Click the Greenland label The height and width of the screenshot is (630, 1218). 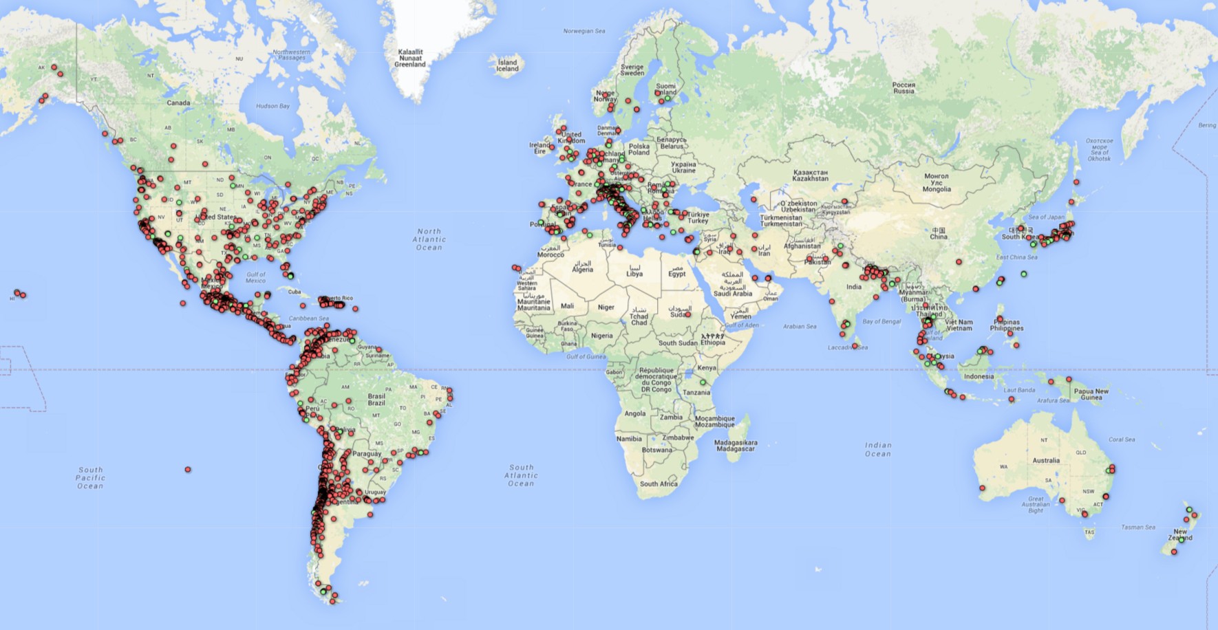410,58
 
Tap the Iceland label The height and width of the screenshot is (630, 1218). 508,65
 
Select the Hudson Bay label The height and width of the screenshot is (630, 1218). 273,106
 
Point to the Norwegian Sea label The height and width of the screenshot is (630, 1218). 584,31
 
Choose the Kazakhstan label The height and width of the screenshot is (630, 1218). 810,175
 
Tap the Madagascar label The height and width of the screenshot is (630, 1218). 736,446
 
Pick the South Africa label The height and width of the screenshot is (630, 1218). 659,484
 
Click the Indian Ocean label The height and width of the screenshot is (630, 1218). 878,449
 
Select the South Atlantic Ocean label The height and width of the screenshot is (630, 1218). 521,475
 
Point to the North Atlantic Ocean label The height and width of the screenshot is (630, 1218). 429,239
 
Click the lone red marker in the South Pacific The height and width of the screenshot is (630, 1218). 188,470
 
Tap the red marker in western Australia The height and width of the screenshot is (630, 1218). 982,488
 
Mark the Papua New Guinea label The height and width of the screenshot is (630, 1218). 1091,394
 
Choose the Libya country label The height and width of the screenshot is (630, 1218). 634,270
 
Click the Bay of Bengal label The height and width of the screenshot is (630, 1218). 882,321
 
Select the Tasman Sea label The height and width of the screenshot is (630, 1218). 1138,528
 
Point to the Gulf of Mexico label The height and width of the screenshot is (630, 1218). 255,277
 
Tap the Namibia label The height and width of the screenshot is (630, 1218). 629,439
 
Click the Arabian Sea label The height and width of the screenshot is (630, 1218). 800,326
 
